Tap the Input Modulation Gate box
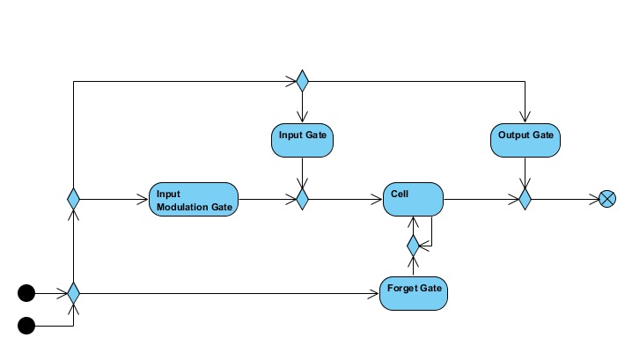(x=194, y=200)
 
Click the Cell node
(x=413, y=200)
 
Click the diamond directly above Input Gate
(x=302, y=82)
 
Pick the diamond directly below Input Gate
(x=302, y=200)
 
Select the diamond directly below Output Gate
(x=525, y=200)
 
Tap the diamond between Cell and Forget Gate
(x=413, y=246)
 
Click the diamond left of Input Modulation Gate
(x=74, y=200)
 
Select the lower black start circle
(x=26, y=327)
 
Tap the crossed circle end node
(x=606, y=200)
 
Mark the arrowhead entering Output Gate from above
(x=525, y=120)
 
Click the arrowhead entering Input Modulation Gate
(x=143, y=200)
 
